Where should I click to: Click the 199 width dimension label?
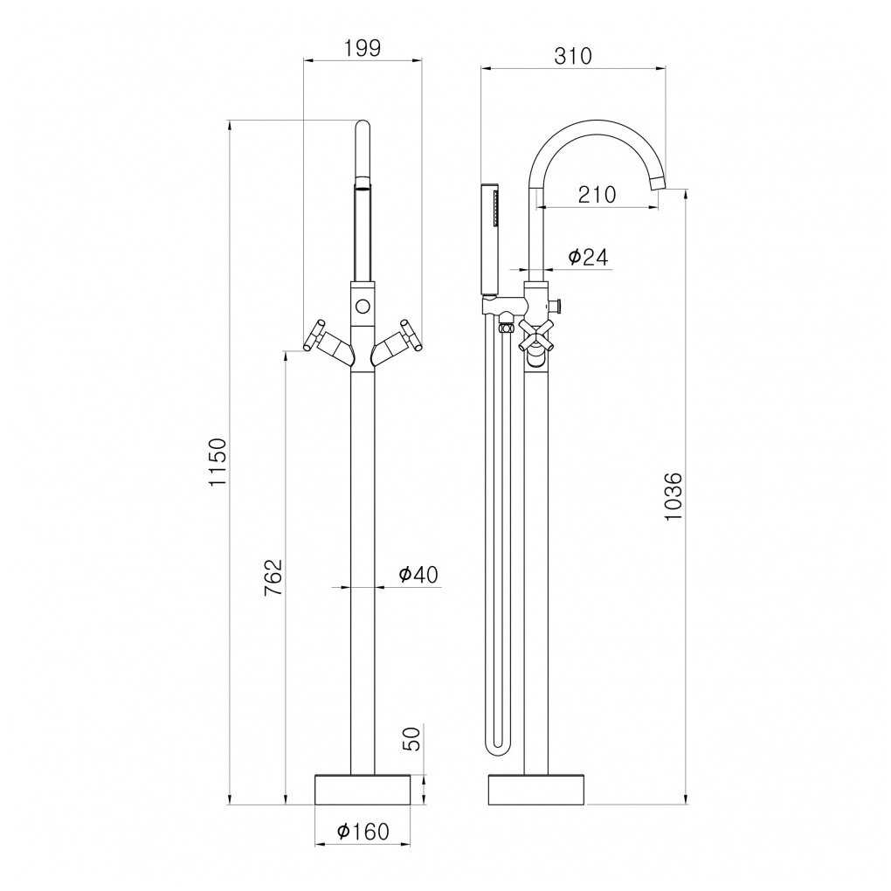(x=363, y=48)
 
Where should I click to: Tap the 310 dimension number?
(x=573, y=56)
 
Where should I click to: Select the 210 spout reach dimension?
(x=597, y=194)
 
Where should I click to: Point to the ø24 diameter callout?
(x=589, y=258)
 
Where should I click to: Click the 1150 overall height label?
(x=218, y=461)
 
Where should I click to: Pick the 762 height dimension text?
(x=273, y=577)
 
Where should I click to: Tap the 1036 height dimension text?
(x=673, y=496)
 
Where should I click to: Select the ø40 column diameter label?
(x=418, y=575)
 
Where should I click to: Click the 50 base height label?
(x=413, y=739)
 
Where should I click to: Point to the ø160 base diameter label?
(x=363, y=832)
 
